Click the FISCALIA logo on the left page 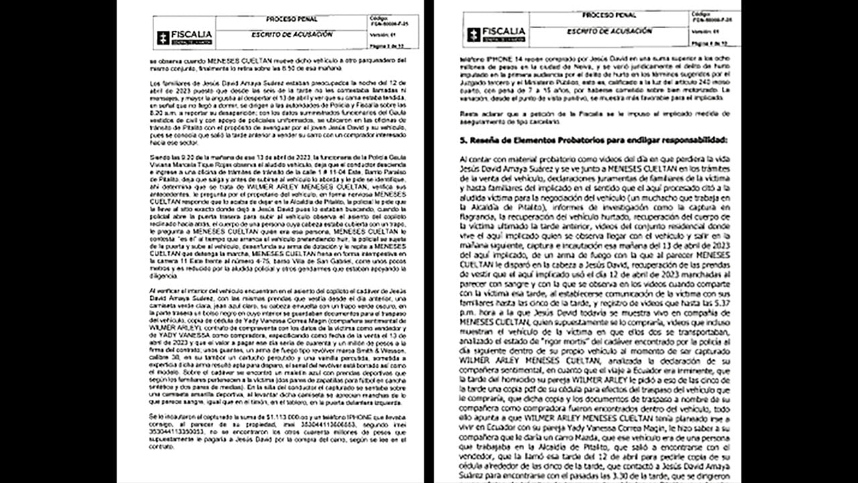[x=184, y=37]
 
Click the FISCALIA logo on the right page [x=491, y=34]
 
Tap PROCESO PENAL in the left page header [x=291, y=19]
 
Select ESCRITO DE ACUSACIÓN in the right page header [x=599, y=31]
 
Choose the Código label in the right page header [x=700, y=14]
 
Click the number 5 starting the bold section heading [x=463, y=140]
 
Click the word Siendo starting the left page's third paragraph [x=160, y=156]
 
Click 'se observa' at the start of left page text [x=163, y=60]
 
